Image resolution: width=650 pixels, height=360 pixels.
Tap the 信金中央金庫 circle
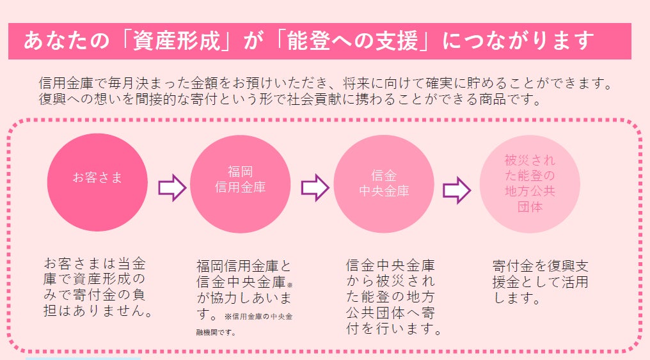384,183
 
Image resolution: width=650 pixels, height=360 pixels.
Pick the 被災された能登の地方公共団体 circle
530,184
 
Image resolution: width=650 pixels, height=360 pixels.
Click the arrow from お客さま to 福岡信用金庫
171,188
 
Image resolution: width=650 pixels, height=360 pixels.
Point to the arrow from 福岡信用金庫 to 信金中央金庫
315,188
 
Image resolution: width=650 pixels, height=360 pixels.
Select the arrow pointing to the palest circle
457,189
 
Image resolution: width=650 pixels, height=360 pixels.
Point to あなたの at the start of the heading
54,41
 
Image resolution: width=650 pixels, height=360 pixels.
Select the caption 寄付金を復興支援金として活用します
541,281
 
